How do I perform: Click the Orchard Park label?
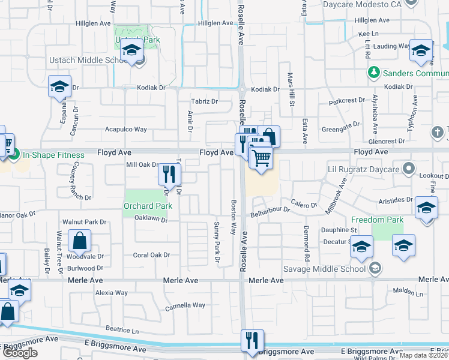pos(148,206)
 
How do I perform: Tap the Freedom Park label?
pos(377,220)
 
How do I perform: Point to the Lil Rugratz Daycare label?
pos(363,170)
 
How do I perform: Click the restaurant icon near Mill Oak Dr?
pos(169,175)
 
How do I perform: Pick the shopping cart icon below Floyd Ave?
pos(261,159)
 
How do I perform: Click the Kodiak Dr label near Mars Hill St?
pos(265,89)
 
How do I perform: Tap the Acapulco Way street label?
pos(126,129)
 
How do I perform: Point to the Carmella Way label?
pos(185,305)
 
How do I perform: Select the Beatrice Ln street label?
pos(122,331)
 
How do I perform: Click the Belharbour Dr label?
pos(270,211)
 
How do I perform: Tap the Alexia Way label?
pos(112,293)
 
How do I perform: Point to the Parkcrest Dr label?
pos(347,100)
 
